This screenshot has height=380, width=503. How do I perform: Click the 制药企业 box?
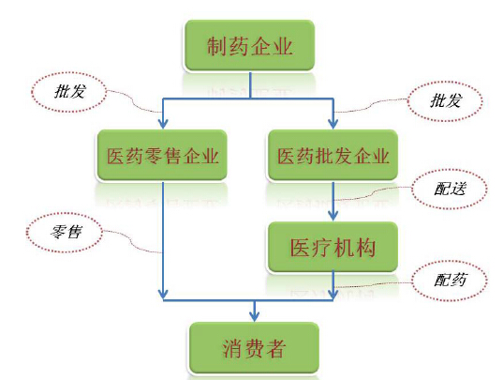(249, 45)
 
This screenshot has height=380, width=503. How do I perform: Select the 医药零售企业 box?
(162, 155)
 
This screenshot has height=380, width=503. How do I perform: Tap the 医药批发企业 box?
(333, 155)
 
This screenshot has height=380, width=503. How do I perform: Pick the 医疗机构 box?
(333, 247)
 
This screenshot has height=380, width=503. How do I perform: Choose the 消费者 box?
(254, 348)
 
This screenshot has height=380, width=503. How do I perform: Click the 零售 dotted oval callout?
(65, 232)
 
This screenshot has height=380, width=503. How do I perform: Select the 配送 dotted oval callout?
(450, 189)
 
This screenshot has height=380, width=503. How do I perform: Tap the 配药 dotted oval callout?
(450, 281)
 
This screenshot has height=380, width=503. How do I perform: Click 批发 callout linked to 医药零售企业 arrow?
(69, 92)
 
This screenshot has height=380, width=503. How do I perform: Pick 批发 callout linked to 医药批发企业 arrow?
(445, 100)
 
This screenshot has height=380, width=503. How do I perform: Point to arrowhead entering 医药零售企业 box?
(163, 124)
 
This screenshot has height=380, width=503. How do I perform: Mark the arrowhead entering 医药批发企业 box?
(333, 124)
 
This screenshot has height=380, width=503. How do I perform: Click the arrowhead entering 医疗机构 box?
(333, 215)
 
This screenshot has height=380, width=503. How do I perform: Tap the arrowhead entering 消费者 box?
(255, 316)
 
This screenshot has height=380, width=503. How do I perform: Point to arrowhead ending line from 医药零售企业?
(163, 294)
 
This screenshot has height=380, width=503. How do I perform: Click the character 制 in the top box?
(217, 46)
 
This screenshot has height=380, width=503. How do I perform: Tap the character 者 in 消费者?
(275, 348)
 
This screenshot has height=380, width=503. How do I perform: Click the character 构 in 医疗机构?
(365, 248)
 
